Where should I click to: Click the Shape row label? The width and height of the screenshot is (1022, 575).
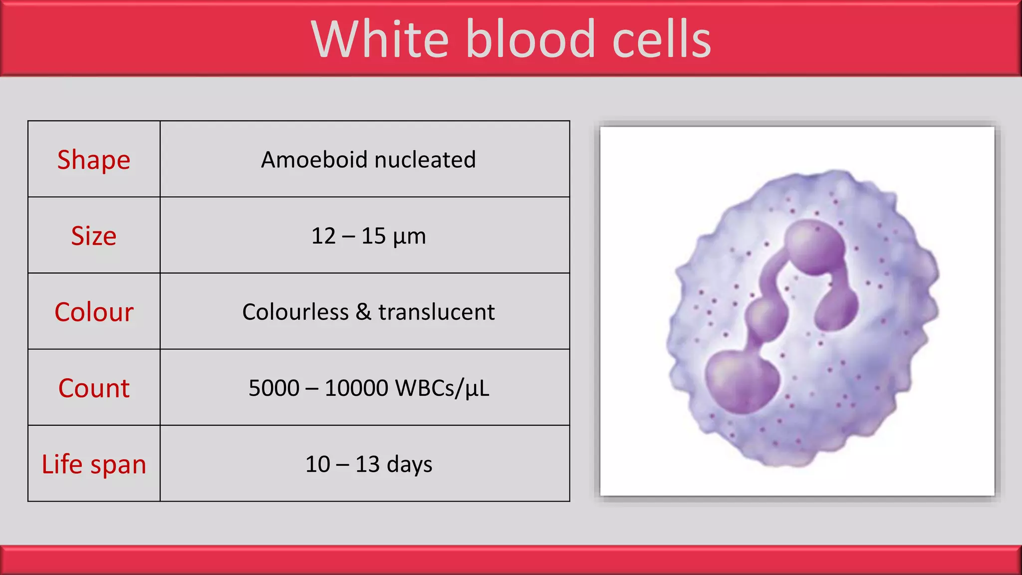[x=94, y=160]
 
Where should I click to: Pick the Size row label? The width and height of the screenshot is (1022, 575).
[x=94, y=236]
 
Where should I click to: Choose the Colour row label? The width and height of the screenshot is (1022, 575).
[x=94, y=312]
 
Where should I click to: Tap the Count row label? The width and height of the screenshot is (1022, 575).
[x=94, y=388]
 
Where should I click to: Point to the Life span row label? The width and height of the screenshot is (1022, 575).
[x=94, y=464]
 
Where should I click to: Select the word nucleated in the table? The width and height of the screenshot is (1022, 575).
[x=425, y=160]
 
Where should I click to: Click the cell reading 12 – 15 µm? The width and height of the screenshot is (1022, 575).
[x=368, y=236]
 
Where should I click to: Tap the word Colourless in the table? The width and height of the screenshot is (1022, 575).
[x=295, y=312]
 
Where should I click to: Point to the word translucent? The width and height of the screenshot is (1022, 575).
[x=437, y=312]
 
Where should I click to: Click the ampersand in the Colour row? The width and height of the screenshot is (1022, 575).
[x=363, y=312]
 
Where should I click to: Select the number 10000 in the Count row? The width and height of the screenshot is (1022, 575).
[x=356, y=388]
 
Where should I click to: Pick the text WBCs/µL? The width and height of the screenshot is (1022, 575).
[x=442, y=388]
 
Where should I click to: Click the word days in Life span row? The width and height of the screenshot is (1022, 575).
[x=409, y=465]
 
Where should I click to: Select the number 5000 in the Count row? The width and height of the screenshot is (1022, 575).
[x=274, y=388]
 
